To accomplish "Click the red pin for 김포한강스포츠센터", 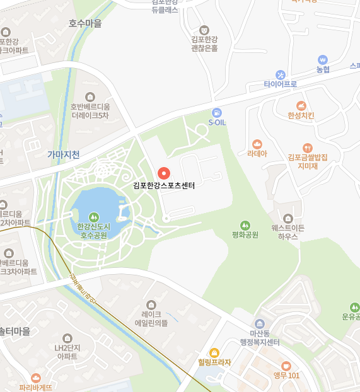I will (164, 173).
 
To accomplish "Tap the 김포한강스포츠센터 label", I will (164, 186).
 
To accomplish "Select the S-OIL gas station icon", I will (217, 113).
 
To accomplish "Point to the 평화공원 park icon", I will (245, 225).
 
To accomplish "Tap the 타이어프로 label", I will (281, 84).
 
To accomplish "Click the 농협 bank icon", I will (323, 60).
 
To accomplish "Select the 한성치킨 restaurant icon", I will (301, 106).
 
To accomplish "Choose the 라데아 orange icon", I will (257, 144).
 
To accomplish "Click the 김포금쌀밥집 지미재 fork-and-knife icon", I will (307, 147).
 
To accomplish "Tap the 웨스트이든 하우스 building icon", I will (288, 218).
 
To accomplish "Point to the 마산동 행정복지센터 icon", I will (259, 323).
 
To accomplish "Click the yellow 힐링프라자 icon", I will (214, 352).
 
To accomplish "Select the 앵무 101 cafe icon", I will (286, 366).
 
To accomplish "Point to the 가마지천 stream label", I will (63, 154).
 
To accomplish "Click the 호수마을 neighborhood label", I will (85, 23).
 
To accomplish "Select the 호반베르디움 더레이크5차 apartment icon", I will (90, 96).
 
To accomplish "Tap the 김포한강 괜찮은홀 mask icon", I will (204, 30).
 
